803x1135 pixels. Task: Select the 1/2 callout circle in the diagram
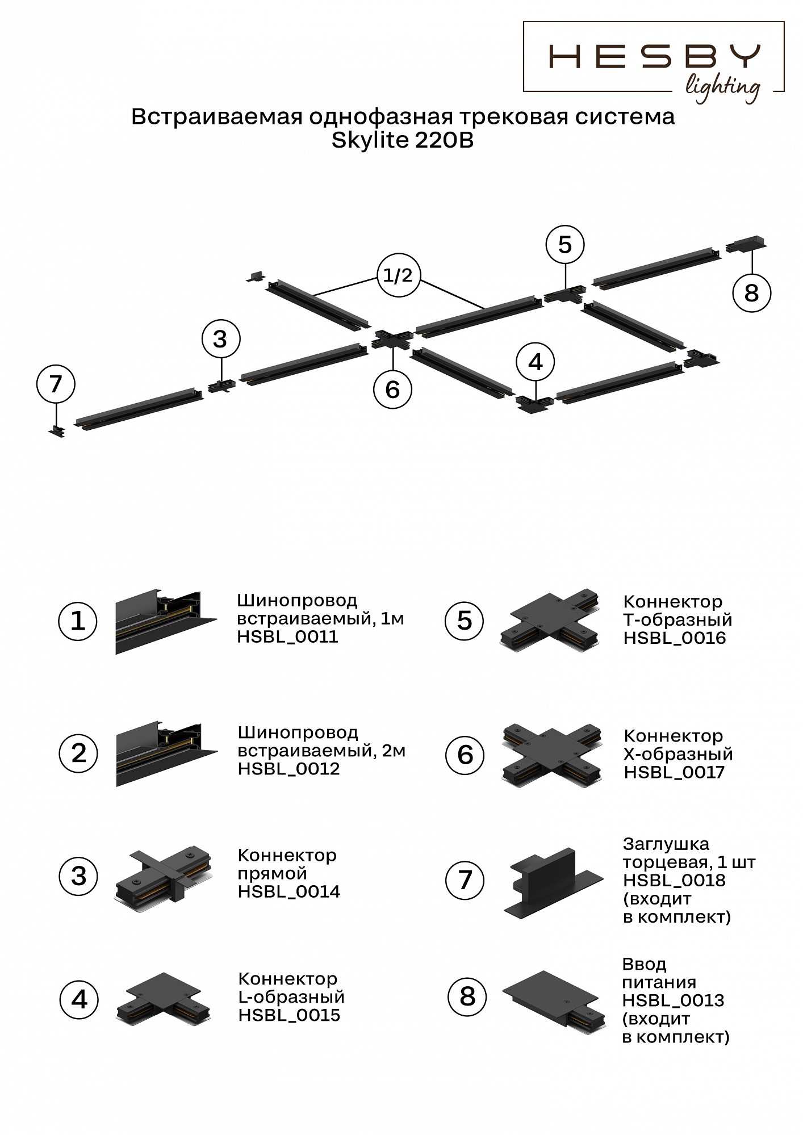click(398, 276)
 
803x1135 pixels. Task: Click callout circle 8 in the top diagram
click(751, 293)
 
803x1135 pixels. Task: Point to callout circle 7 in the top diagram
click(56, 384)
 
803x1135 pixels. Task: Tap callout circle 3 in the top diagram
click(220, 339)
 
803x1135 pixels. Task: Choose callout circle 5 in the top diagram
click(564, 245)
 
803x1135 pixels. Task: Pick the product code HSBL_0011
click(287, 637)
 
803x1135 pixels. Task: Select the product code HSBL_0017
click(674, 772)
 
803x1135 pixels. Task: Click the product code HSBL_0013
click(673, 1000)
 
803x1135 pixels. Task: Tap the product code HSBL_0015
click(289, 1015)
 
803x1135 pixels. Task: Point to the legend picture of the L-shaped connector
click(164, 998)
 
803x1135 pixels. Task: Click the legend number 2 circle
click(79, 753)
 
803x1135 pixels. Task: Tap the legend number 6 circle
click(465, 755)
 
